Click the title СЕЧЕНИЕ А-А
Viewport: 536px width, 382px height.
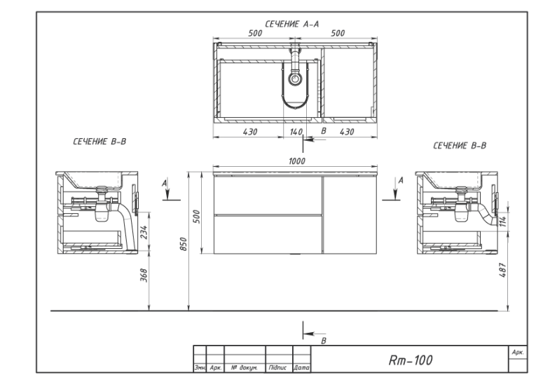click(292, 24)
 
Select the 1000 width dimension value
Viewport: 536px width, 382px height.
click(296, 161)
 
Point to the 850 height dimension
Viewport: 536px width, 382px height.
click(184, 244)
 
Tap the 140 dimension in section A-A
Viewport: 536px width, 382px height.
click(296, 132)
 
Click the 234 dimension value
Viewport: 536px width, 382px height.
click(144, 232)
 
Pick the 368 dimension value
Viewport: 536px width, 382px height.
click(144, 275)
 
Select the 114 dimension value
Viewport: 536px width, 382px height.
click(502, 221)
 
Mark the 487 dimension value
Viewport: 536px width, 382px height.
click(502, 270)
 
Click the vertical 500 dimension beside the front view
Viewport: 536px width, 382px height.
click(197, 217)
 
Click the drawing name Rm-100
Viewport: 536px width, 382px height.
click(411, 360)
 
